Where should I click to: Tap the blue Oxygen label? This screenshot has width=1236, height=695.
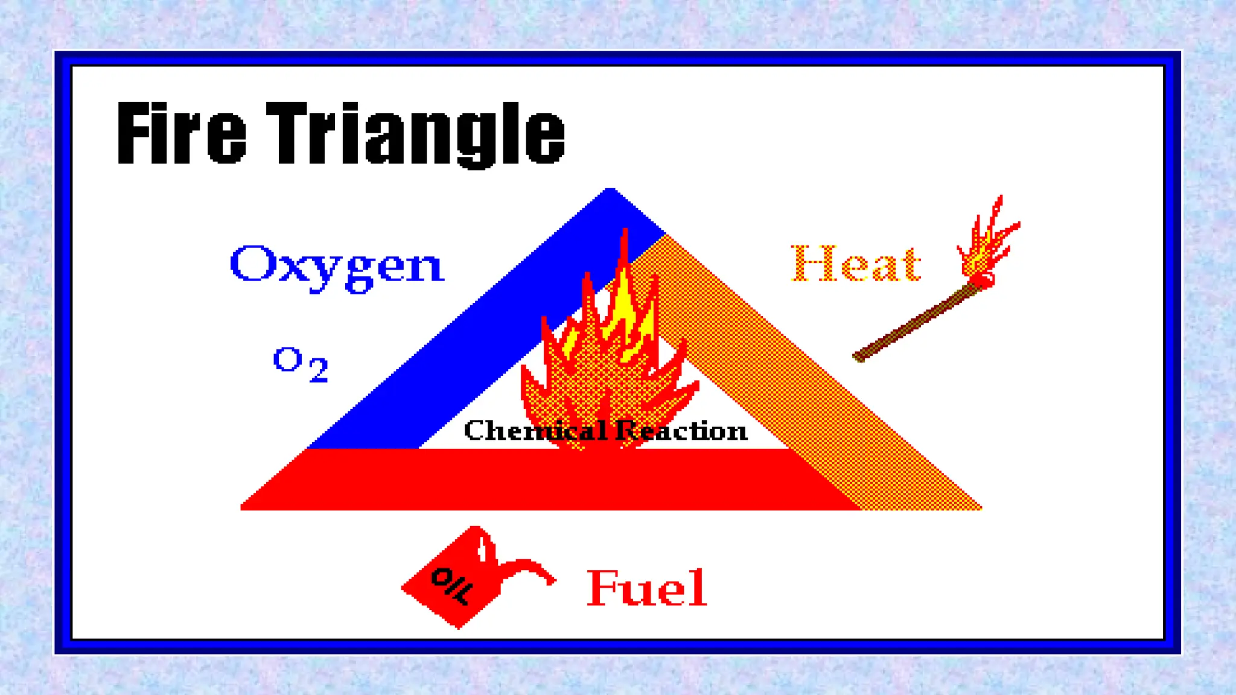pos(337,266)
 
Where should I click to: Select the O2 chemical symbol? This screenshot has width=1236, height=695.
pos(301,364)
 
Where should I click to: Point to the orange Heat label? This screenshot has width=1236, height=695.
pos(856,264)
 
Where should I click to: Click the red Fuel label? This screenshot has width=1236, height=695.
pos(646,588)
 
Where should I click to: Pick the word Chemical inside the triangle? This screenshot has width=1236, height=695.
pos(535,431)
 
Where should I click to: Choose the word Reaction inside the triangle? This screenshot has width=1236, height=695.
pos(681,431)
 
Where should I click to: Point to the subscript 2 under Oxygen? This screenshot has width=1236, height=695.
pos(318,370)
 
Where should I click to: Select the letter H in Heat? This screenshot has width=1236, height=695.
pos(811,264)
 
